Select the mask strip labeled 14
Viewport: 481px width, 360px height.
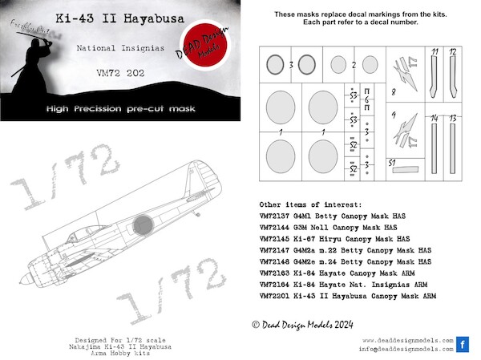click(433, 152)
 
